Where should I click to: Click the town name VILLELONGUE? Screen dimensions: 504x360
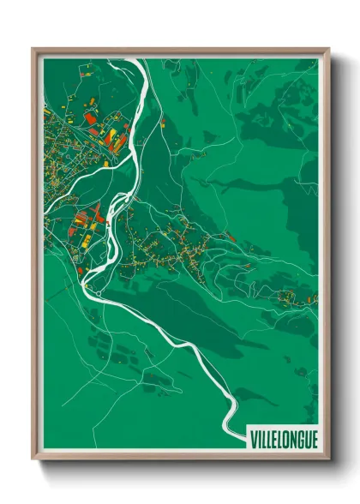pos(284,440)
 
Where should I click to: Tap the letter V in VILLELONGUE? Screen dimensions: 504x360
pos(254,440)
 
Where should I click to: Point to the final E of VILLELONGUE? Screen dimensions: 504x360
pos(314,440)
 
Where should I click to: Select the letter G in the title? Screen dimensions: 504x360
pos(299,440)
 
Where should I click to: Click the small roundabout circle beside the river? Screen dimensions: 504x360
pos(99,293)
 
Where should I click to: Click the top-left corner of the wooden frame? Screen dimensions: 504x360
pos(33,49)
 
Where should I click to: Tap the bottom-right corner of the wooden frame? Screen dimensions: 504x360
pos(328,460)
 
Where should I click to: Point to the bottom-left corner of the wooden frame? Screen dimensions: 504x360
pos(33,460)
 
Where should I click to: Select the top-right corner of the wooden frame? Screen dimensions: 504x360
pos(328,49)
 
